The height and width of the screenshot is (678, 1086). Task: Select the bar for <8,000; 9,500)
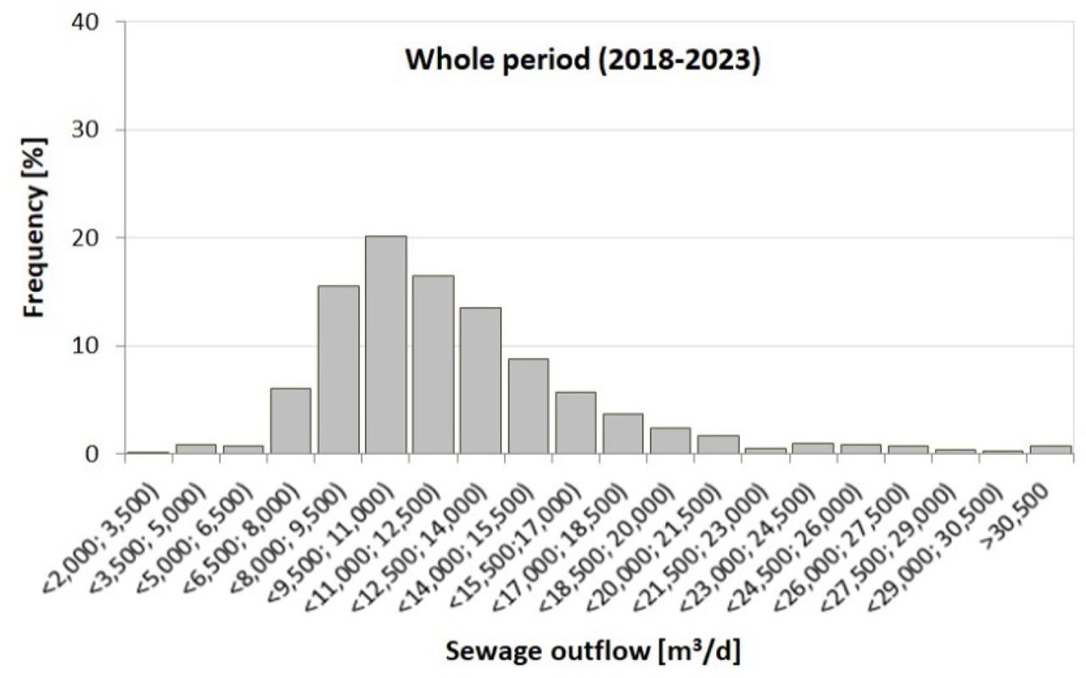coord(338,370)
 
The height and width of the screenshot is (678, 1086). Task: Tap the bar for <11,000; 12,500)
coord(433,365)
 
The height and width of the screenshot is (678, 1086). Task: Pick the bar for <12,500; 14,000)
coord(480,381)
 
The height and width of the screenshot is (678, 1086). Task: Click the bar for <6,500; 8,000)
coord(290,421)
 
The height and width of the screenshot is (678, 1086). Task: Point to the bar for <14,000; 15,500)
coord(528,406)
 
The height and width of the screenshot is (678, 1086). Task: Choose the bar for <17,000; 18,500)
coord(623,434)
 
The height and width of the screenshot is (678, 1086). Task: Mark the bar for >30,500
coord(1050,450)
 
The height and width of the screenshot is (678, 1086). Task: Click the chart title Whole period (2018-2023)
coord(581,61)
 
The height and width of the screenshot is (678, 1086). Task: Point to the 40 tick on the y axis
coord(99,22)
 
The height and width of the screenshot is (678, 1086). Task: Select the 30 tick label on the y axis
coord(99,130)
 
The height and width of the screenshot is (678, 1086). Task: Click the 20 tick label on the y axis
coord(99,238)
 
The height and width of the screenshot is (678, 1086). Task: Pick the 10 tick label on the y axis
coord(99,346)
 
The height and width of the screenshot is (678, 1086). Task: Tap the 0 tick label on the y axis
coord(105,454)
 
